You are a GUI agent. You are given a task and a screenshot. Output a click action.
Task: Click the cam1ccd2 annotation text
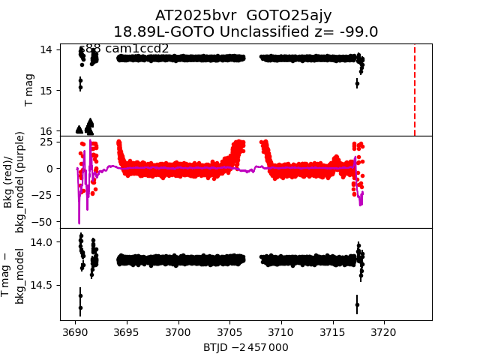[136, 49]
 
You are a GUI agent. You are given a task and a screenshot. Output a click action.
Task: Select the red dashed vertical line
[415, 90]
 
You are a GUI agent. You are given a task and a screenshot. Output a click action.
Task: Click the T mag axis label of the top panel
[30, 90]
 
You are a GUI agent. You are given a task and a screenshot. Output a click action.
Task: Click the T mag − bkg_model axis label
[14, 274]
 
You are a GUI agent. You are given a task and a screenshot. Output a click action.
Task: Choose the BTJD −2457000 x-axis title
[246, 347]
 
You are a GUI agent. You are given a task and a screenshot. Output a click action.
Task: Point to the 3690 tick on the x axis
[75, 331]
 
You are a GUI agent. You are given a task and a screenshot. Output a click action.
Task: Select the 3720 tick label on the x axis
[384, 331]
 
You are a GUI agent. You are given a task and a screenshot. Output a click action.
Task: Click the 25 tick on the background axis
[49, 142]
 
